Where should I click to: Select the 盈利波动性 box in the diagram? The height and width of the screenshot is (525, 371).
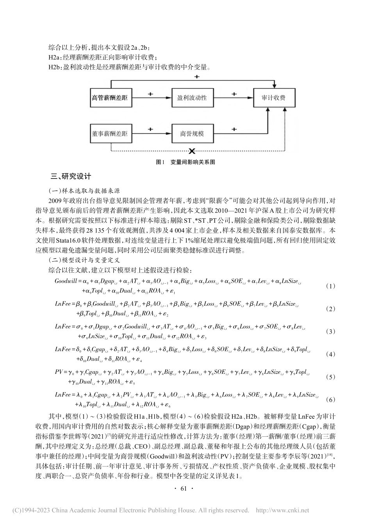192,98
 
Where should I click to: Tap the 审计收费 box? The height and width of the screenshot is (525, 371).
273,98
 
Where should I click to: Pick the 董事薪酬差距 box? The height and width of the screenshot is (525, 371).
110,134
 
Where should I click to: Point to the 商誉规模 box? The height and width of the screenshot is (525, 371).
192,134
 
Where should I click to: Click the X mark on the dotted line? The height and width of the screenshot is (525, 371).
192,151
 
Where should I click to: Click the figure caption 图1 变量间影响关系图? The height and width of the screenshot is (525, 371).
185,162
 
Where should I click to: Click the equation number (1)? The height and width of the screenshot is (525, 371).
330,286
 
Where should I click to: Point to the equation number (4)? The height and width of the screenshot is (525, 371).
330,354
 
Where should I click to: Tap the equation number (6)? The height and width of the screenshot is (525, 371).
330,400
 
